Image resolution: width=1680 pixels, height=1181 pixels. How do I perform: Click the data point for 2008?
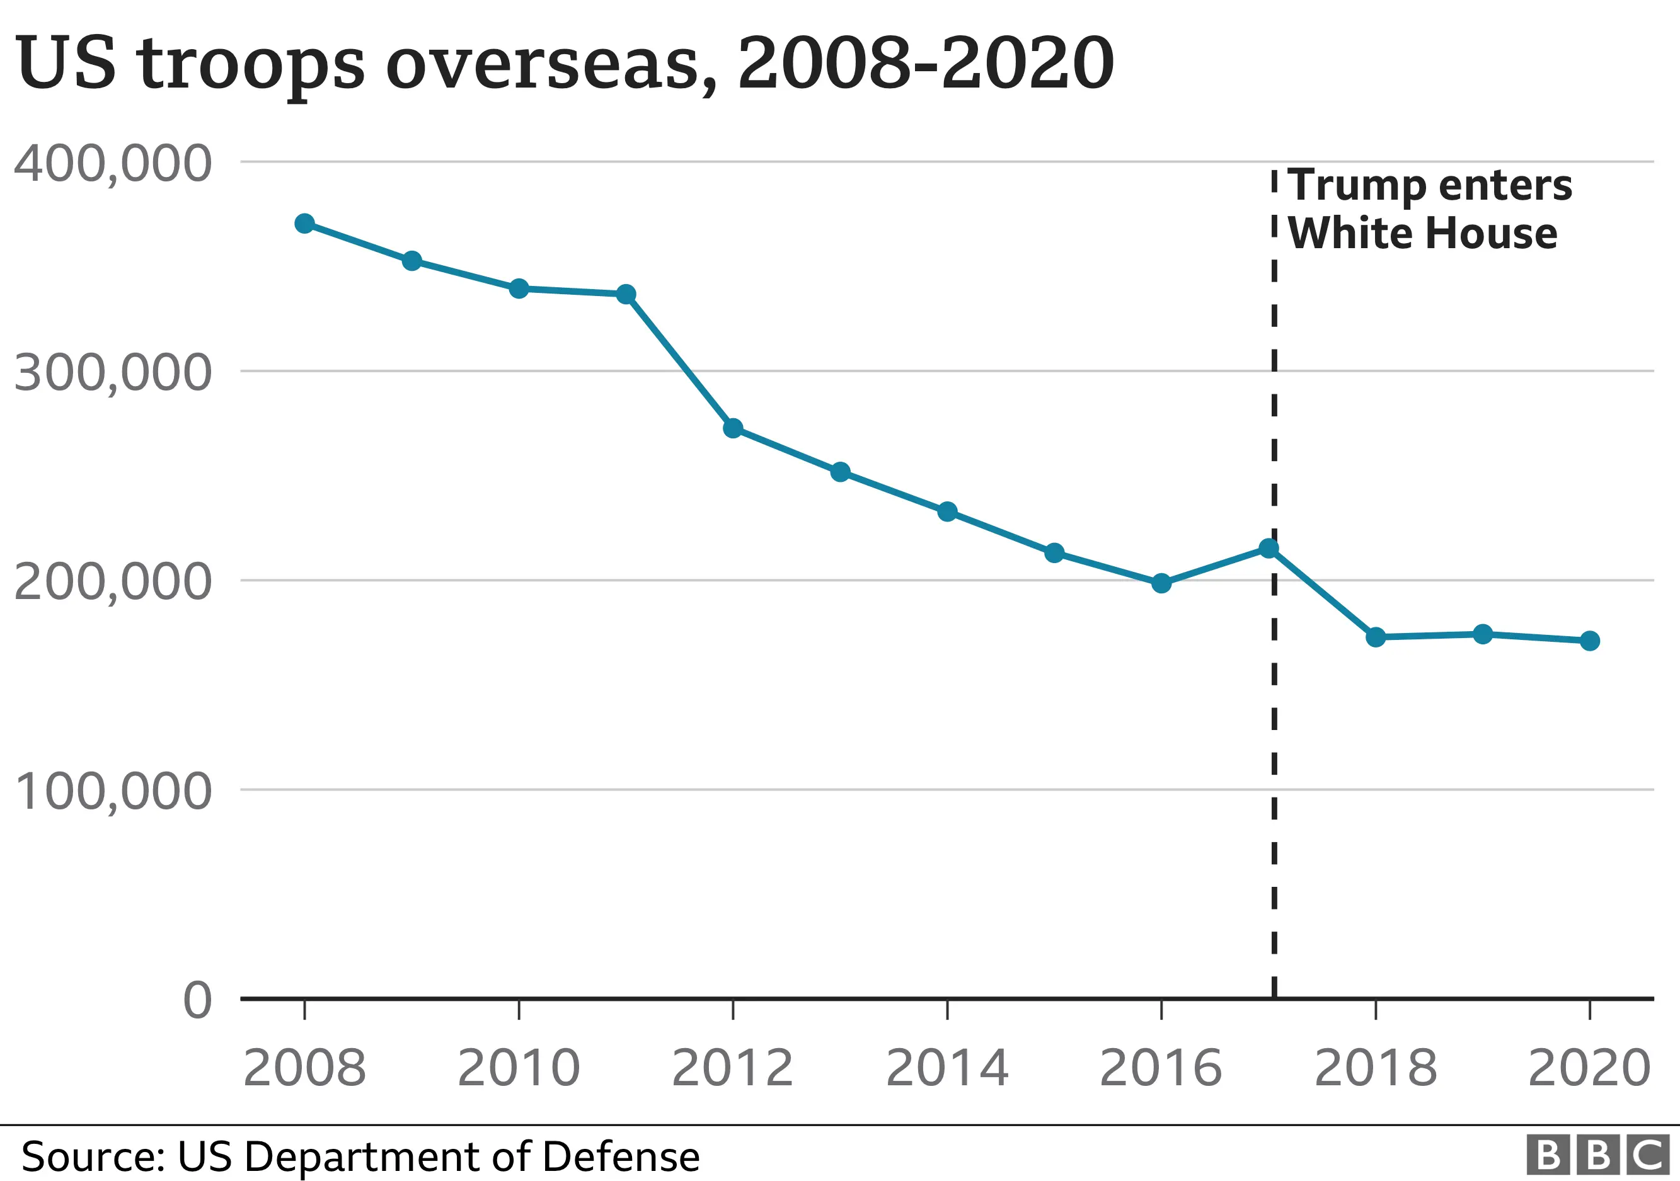[x=304, y=223]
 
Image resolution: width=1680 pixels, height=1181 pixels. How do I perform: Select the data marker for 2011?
[x=626, y=294]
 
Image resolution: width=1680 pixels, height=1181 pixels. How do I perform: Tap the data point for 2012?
[x=733, y=428]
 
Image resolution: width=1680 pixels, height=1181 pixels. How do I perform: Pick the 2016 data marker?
[x=1161, y=583]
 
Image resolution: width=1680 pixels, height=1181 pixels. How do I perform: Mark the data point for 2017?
[x=1269, y=548]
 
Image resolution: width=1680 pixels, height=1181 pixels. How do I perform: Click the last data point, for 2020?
[x=1590, y=641]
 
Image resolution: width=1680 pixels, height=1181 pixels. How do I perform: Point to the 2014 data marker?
[x=948, y=511]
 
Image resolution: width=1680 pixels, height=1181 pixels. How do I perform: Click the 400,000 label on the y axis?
[x=113, y=164]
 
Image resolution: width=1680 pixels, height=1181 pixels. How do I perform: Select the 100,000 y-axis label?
[x=113, y=791]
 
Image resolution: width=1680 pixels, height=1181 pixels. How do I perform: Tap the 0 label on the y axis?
[x=198, y=1000]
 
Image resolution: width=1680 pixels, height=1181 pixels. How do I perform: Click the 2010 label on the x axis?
[x=519, y=1068]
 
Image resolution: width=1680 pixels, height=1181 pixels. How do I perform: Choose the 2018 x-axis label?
[x=1376, y=1068]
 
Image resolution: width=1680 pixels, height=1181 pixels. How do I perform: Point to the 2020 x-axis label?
[x=1590, y=1068]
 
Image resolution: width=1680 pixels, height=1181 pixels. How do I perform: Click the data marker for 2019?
[x=1482, y=634]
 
